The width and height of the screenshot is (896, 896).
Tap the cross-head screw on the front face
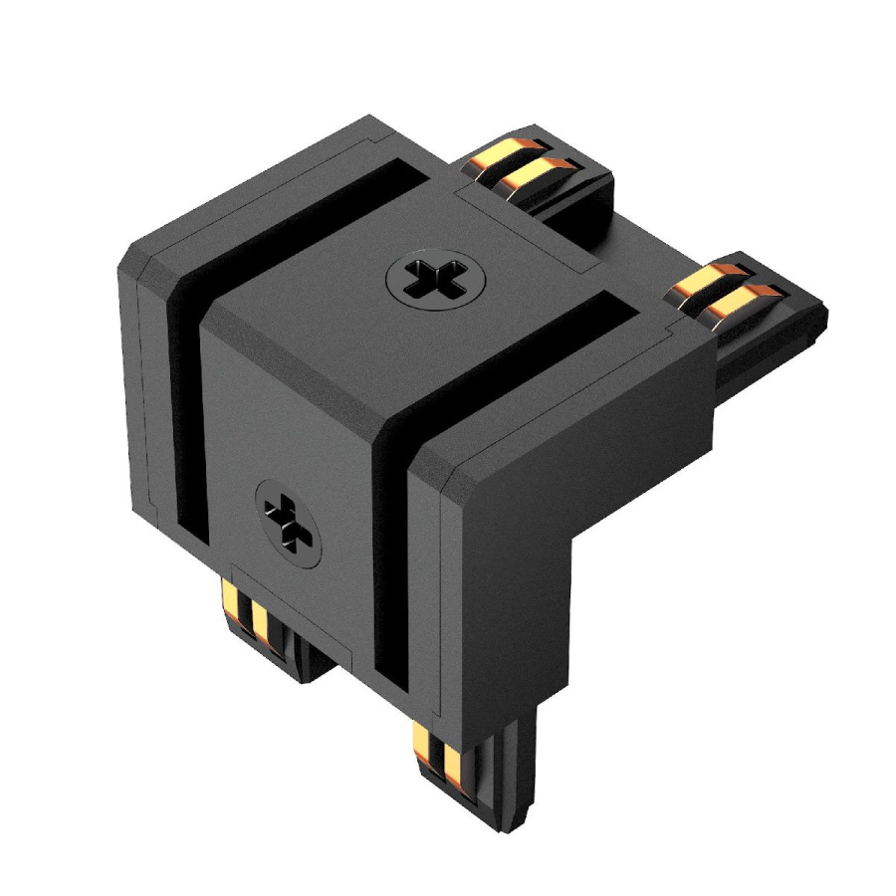coord(290,516)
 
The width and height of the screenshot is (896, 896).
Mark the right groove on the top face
coord(518,348)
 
